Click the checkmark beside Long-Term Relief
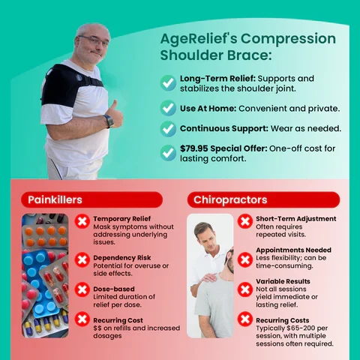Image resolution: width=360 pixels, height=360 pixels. tap(168, 82)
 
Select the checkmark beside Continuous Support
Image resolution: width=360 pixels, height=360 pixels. tap(168, 128)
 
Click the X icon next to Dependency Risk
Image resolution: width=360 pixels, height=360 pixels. tap(82, 259)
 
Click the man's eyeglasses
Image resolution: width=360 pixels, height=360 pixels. tap(92, 40)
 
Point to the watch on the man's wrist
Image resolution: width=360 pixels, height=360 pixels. tap(109, 120)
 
